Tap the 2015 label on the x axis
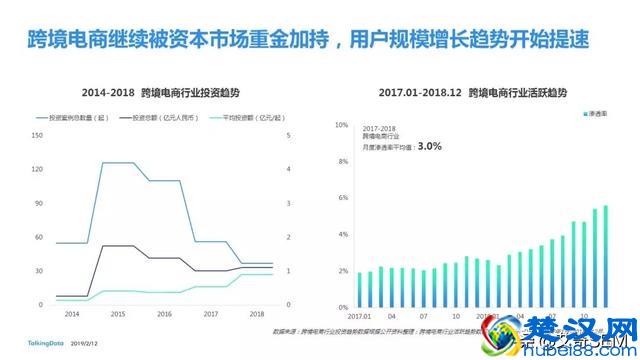117,314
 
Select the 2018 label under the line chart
257,314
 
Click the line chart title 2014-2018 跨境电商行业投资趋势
161,91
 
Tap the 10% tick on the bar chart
341,125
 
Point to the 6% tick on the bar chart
341,198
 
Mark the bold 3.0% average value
430,146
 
